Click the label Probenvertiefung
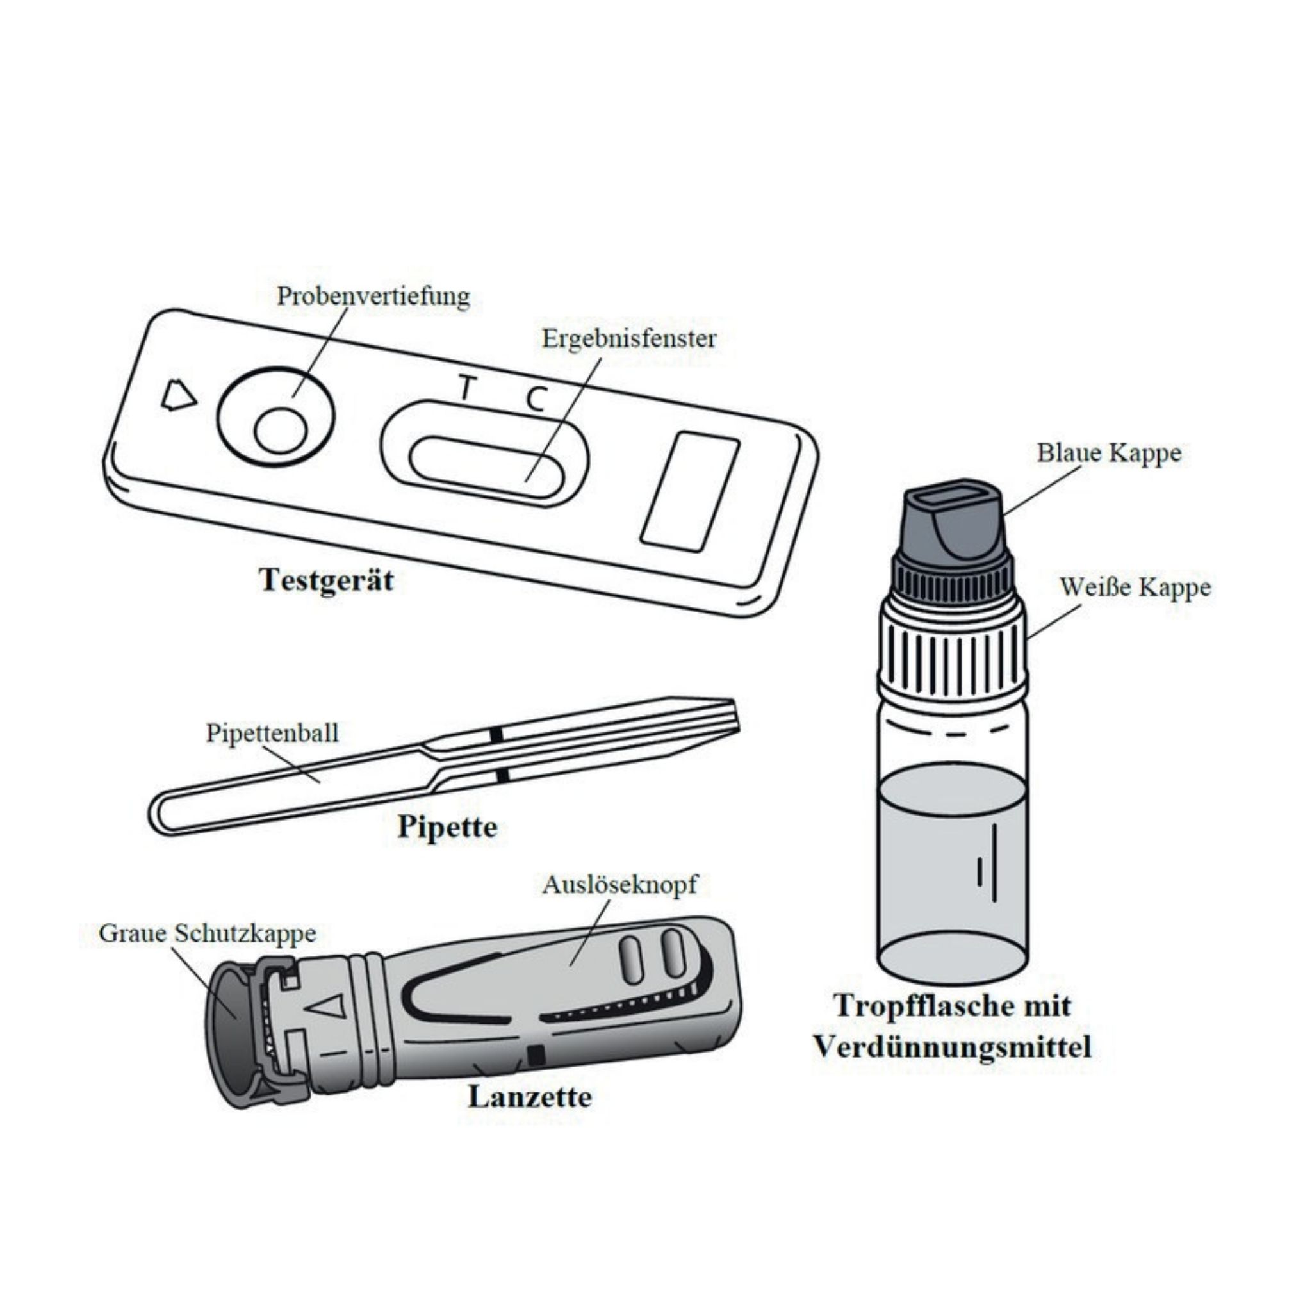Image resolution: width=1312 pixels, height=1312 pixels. (x=373, y=297)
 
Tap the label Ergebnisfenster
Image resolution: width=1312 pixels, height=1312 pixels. (x=628, y=338)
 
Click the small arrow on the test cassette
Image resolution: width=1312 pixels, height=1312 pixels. (x=178, y=395)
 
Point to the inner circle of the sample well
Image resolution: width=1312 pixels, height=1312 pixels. (x=281, y=430)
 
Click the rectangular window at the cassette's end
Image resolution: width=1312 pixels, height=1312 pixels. (x=689, y=491)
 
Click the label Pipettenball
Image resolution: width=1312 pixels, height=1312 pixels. (x=272, y=734)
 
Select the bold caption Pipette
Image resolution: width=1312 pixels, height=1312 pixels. (x=447, y=827)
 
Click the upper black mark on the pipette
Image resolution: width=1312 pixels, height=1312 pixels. (x=496, y=735)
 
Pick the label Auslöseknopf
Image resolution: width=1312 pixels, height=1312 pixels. (x=619, y=884)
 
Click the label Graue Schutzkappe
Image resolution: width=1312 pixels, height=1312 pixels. (x=207, y=933)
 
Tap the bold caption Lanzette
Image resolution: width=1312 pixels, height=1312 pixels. (x=530, y=1097)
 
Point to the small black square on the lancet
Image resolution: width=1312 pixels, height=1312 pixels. (x=536, y=1054)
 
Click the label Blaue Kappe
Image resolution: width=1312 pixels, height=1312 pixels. (x=1108, y=453)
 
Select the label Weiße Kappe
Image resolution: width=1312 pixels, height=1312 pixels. (x=1135, y=587)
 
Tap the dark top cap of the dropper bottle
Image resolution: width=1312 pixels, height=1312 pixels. (x=953, y=523)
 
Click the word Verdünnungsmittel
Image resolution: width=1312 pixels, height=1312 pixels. (x=952, y=1047)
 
